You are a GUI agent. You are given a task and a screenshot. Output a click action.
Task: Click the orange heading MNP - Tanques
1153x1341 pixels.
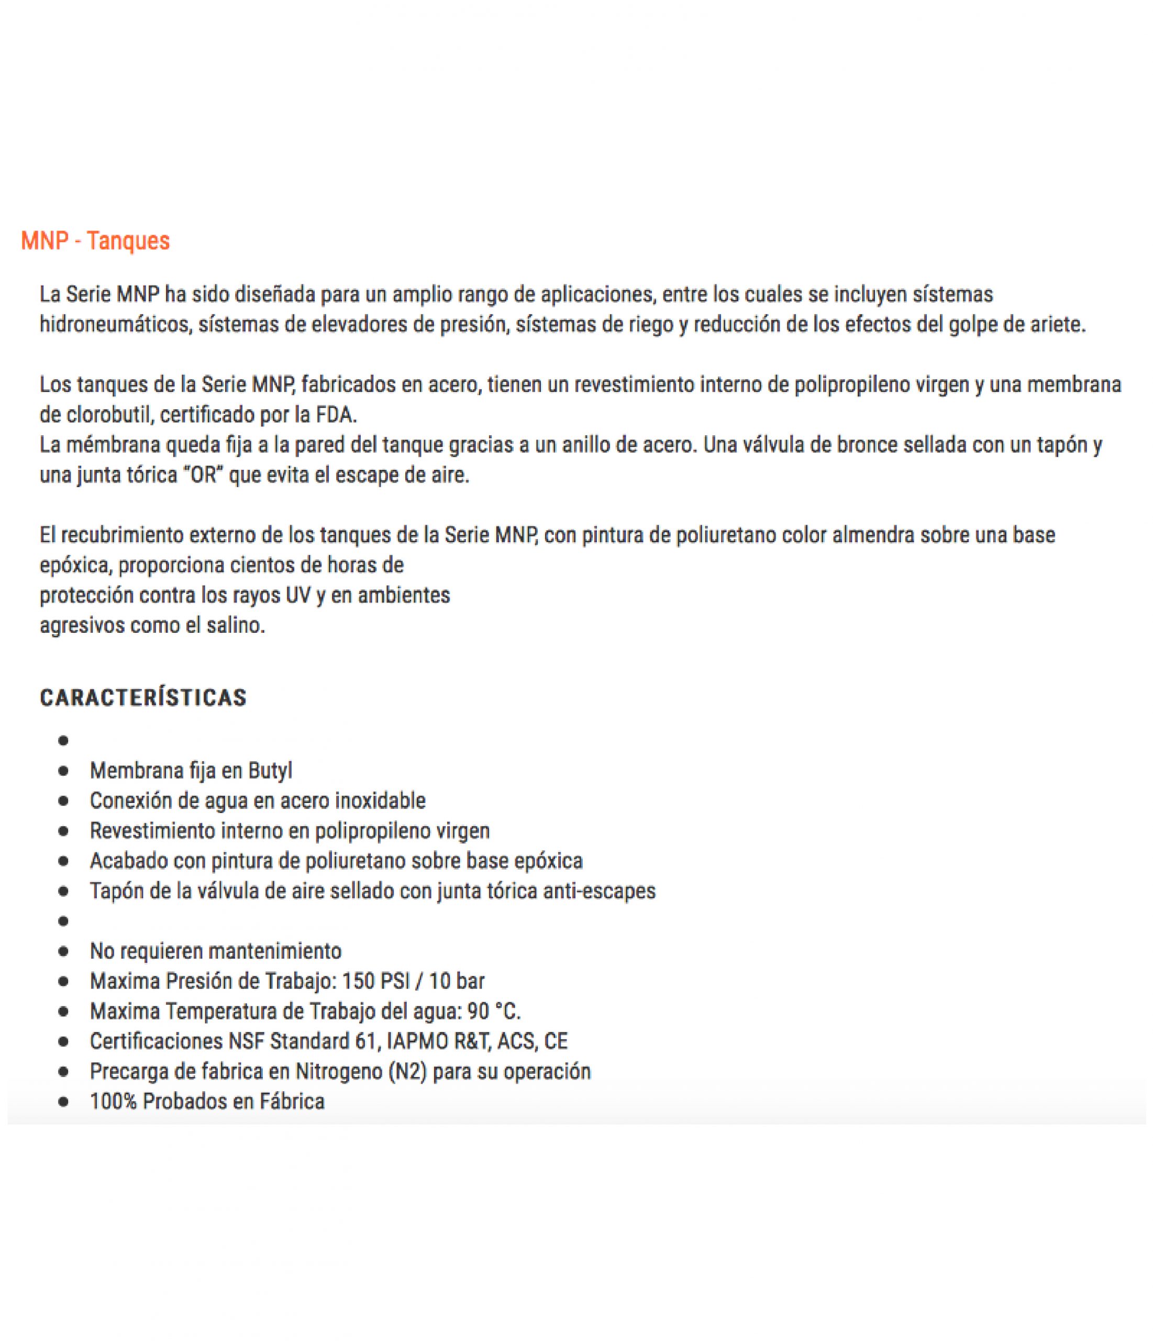(x=95, y=241)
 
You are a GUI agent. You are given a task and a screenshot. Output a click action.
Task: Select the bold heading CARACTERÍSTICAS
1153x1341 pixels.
(x=143, y=698)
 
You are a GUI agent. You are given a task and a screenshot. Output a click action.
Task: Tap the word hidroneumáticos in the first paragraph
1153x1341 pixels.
(x=116, y=324)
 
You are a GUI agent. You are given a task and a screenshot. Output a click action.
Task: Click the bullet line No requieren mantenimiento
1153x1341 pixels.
(x=215, y=951)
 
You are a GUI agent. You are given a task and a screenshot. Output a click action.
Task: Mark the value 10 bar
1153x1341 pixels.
(x=456, y=981)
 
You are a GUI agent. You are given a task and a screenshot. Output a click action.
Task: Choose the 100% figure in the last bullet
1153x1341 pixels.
(x=113, y=1102)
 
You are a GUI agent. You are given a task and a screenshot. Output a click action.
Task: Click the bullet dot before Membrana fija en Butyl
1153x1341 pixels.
(x=63, y=772)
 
